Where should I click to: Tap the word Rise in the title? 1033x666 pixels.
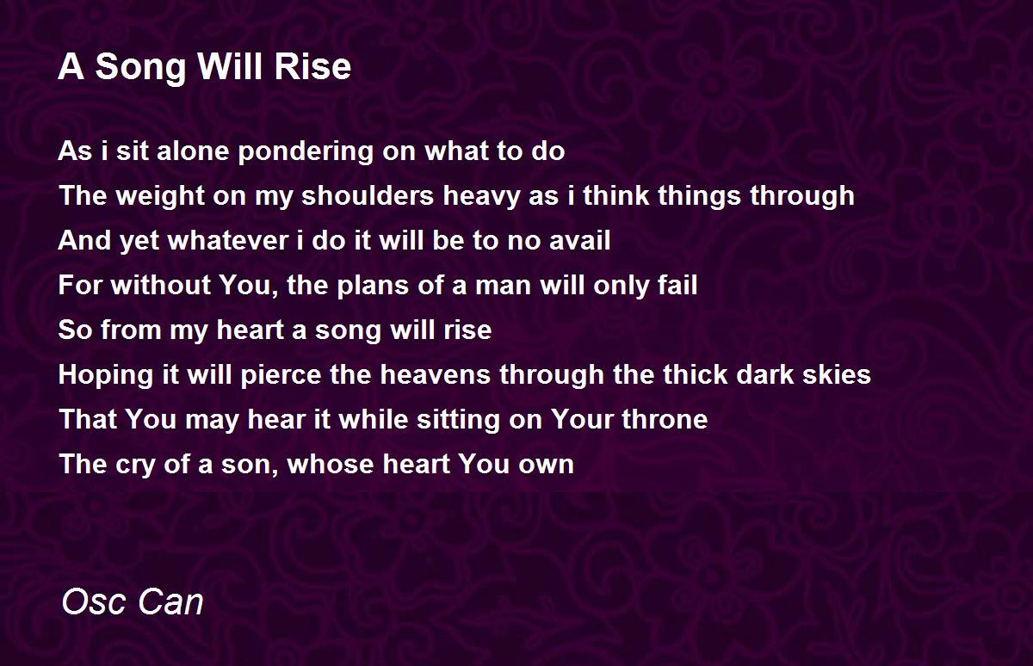(312, 66)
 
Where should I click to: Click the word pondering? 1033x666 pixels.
(306, 152)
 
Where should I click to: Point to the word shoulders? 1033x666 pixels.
(368, 195)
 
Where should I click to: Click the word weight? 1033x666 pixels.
(160, 196)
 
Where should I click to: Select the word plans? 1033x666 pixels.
(373, 287)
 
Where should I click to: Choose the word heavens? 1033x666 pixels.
(435, 374)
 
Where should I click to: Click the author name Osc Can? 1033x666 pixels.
(133, 601)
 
